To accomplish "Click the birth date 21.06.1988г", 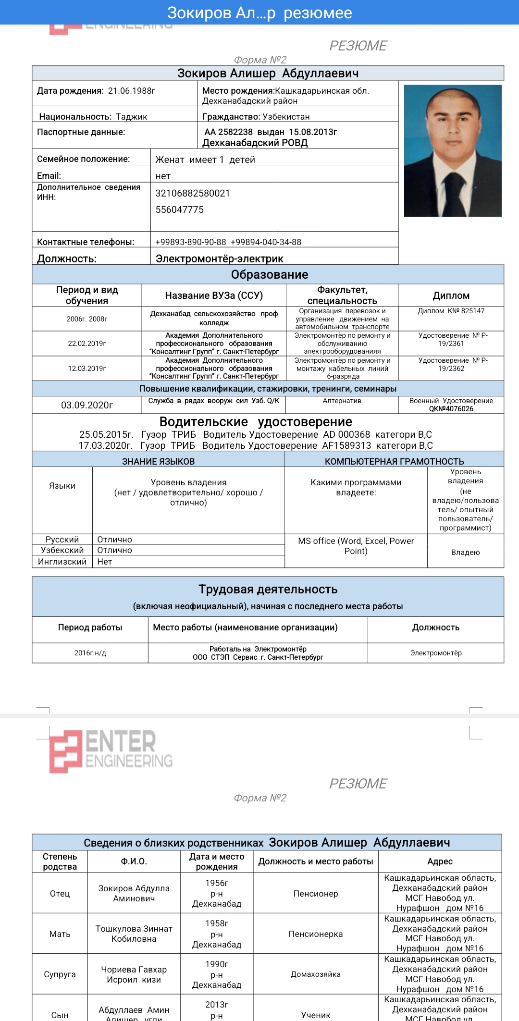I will coord(131,91).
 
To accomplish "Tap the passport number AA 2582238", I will coord(228,132).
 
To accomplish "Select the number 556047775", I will coord(179,209).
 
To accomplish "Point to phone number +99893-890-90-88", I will coord(190,242).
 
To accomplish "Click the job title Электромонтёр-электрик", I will coord(219,258).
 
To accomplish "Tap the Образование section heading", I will coord(269,274).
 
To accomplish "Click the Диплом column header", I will coord(451,295).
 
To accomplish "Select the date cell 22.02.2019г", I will coord(87,344).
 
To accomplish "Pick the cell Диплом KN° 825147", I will coord(451,311).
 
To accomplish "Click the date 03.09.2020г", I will coord(87,405).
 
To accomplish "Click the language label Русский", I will coord(62,540).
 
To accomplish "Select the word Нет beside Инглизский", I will coord(104,562).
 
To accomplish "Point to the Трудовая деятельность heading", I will coord(268,590).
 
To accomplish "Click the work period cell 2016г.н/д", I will coord(90,653).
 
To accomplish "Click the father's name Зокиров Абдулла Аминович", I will coord(134,893).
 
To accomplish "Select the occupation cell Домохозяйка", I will coord(315,974).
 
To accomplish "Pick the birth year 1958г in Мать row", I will coord(217,923).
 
